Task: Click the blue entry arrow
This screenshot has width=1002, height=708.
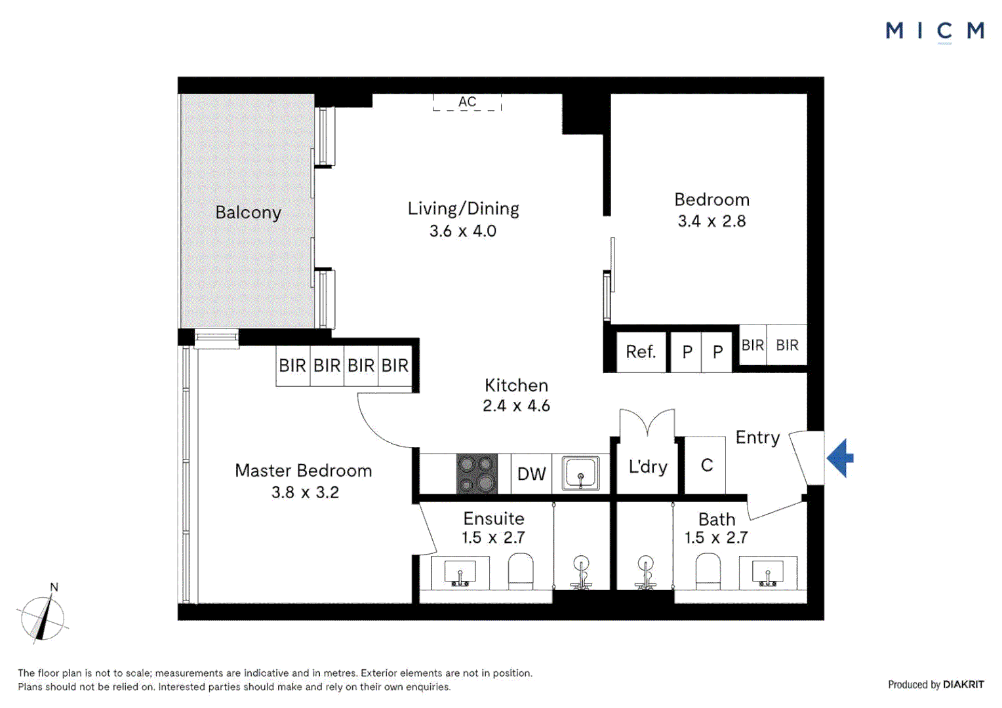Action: [x=841, y=458]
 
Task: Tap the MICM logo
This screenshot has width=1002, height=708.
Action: [x=934, y=31]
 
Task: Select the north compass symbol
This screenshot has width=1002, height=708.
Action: [x=43, y=616]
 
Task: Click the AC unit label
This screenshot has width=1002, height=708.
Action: [x=467, y=102]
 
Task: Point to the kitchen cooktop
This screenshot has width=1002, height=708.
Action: [x=477, y=473]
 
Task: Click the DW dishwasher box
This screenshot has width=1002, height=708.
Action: [x=531, y=473]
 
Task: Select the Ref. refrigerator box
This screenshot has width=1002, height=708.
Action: [x=641, y=352]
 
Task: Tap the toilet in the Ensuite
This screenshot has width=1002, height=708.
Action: [x=521, y=570]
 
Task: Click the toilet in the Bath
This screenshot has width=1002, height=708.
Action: [x=708, y=570]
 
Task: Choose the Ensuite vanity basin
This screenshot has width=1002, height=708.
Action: [x=460, y=572]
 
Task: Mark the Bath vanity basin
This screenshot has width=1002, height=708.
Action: [x=767, y=572]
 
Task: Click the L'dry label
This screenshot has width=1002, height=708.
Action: [x=647, y=467]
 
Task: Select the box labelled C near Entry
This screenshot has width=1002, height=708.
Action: [x=706, y=465]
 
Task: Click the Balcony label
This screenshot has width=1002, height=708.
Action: [x=248, y=212]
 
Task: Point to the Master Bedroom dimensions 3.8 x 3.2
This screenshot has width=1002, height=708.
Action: [x=305, y=492]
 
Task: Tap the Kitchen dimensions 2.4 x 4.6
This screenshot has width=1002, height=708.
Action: [x=516, y=406]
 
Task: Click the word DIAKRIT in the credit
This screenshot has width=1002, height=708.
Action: [x=963, y=684]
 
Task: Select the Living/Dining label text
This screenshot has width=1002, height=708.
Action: [x=463, y=208]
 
